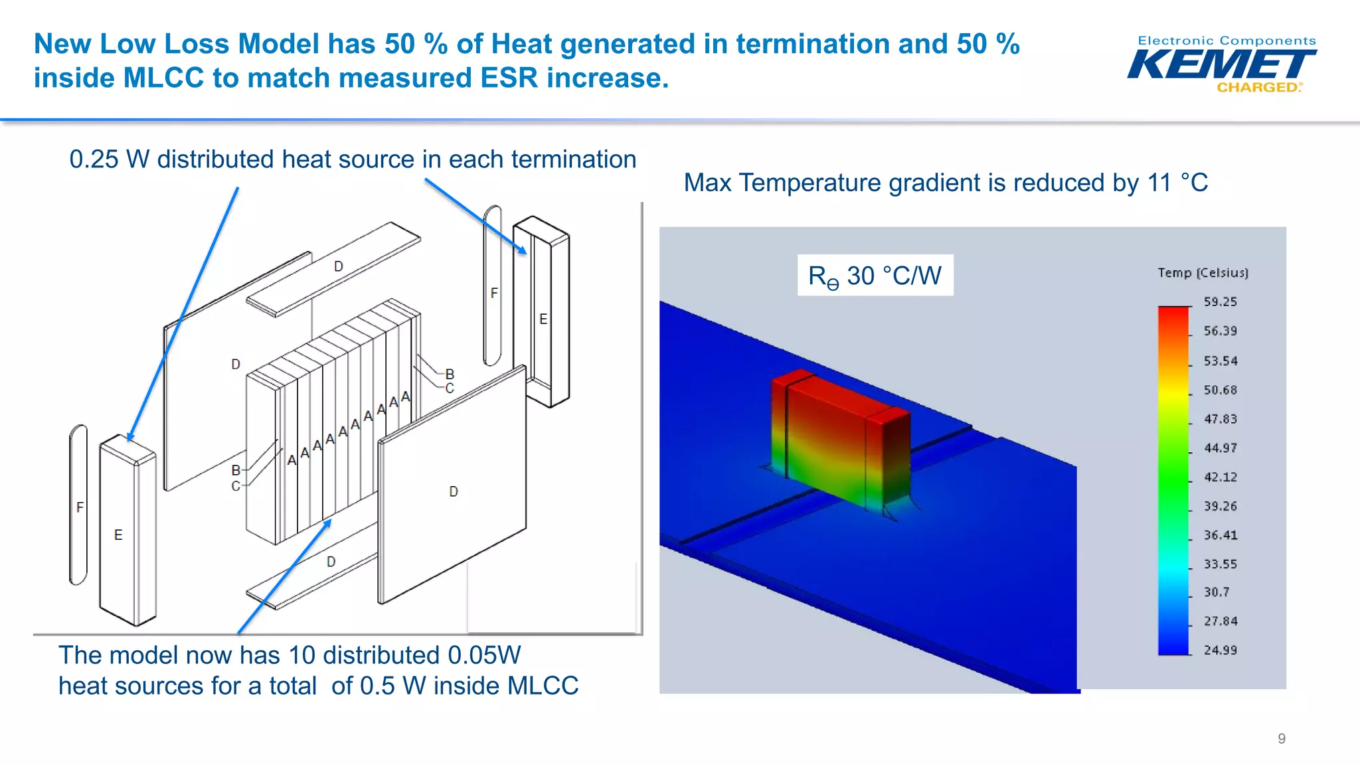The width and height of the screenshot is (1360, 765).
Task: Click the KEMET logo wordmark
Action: pyautogui.click(x=1221, y=65)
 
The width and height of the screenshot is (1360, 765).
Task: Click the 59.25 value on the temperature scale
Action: pyautogui.click(x=1220, y=302)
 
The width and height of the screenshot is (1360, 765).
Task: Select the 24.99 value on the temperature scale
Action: pyautogui.click(x=1220, y=650)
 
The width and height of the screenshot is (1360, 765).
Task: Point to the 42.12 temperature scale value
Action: pyautogui.click(x=1220, y=477)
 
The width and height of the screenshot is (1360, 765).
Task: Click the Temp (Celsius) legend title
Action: pyautogui.click(x=1203, y=273)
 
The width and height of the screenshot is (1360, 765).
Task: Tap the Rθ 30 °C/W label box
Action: pyautogui.click(x=875, y=276)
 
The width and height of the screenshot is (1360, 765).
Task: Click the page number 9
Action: pyautogui.click(x=1281, y=738)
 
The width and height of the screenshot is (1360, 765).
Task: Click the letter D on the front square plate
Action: pyautogui.click(x=454, y=491)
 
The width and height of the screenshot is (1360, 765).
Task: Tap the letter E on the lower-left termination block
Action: pyautogui.click(x=118, y=535)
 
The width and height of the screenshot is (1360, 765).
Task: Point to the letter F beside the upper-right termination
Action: pyautogui.click(x=494, y=293)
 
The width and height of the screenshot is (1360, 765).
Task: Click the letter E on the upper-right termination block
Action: pyautogui.click(x=543, y=319)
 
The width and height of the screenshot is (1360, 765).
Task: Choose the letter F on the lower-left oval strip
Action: pyautogui.click(x=80, y=507)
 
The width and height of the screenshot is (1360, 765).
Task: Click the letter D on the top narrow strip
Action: pyautogui.click(x=339, y=266)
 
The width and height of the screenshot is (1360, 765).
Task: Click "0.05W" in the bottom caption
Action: pyautogui.click(x=484, y=655)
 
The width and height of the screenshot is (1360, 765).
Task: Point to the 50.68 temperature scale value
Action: pyautogui.click(x=1220, y=390)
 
